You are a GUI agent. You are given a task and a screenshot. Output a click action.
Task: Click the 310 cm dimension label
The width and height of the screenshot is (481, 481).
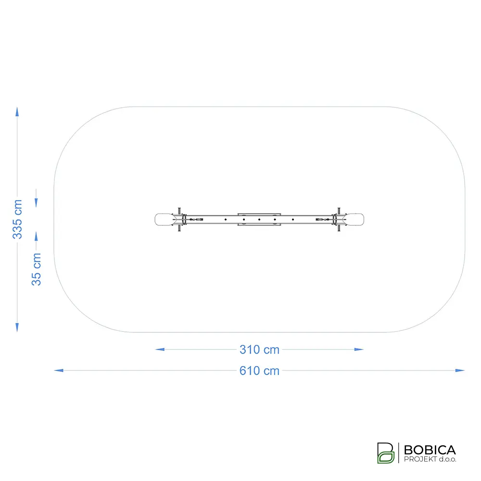click(259, 349)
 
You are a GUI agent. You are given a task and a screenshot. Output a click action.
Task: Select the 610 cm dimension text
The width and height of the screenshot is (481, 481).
click(259, 370)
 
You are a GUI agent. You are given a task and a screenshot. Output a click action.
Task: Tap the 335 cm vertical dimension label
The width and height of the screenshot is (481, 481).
click(17, 219)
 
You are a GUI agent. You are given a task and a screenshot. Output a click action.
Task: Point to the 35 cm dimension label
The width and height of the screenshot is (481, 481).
click(36, 269)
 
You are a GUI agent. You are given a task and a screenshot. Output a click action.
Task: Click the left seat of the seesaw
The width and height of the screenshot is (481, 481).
click(164, 220)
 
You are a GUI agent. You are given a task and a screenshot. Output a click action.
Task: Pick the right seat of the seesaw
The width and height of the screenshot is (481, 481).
click(354, 220)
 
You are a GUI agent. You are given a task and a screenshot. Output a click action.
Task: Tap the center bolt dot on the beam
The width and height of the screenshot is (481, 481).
click(259, 220)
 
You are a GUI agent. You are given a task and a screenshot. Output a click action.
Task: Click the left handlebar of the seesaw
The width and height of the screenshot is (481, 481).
click(179, 220)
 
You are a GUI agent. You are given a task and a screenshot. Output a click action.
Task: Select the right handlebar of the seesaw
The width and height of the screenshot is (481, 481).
click(339, 220)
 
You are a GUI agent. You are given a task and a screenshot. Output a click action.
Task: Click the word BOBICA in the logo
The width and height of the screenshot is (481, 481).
click(430, 450)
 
